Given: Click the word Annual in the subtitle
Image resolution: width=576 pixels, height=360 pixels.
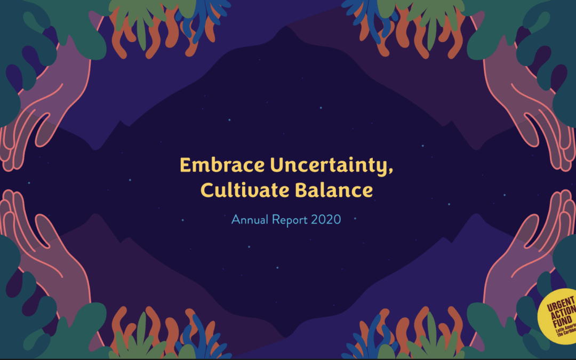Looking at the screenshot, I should (249, 219).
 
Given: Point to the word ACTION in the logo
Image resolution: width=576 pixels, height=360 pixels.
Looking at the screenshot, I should (559, 318).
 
